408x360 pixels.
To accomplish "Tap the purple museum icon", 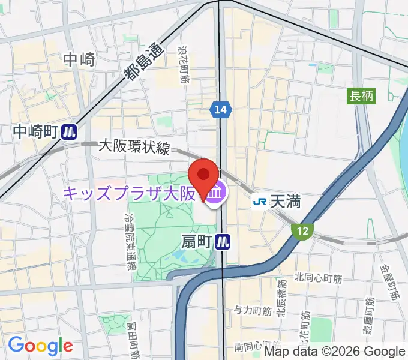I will pos(217,193).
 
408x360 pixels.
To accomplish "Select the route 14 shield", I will pos(220,109).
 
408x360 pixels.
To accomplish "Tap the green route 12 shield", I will pos(301,229).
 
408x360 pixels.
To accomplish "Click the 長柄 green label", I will pos(361,95).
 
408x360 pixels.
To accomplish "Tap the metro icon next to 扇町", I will pos(224,241).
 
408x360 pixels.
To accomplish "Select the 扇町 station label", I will pos(197,241).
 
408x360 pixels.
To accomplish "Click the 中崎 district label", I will pos(79,59).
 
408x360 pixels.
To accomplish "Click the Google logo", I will pos(40,346).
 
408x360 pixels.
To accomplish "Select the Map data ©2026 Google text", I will pos(335,352).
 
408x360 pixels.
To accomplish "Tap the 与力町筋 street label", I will pos(253,310).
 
